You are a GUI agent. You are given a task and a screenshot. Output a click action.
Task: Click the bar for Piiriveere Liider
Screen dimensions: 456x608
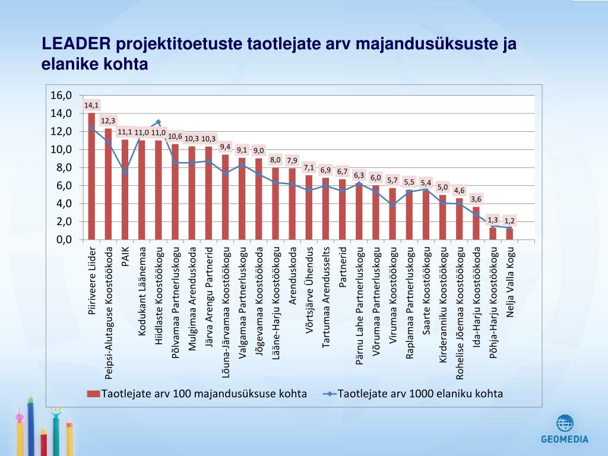coord(91,178)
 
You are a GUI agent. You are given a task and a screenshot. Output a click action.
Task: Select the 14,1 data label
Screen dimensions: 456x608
coord(91,105)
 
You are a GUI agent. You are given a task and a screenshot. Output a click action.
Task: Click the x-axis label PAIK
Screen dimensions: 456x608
coord(125,256)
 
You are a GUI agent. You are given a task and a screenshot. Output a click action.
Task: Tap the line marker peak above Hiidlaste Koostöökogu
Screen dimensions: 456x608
coord(158,122)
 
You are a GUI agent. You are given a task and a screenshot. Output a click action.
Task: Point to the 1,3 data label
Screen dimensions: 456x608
coord(493,220)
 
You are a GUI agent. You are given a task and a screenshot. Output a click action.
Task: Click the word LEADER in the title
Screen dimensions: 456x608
coord(76,45)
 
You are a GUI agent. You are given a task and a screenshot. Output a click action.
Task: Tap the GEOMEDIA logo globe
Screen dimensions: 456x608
coord(565,423)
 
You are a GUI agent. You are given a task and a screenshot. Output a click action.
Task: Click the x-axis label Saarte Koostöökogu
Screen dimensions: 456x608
coord(426,285)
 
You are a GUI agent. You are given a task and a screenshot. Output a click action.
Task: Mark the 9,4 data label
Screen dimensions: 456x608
coord(225,146)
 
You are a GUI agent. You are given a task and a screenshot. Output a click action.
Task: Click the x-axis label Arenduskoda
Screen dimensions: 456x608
coord(292,275)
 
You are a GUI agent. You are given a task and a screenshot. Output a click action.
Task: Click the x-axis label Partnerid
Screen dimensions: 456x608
coord(343,267)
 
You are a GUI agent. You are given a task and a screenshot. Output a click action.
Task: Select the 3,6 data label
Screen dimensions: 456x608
coord(476,199)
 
